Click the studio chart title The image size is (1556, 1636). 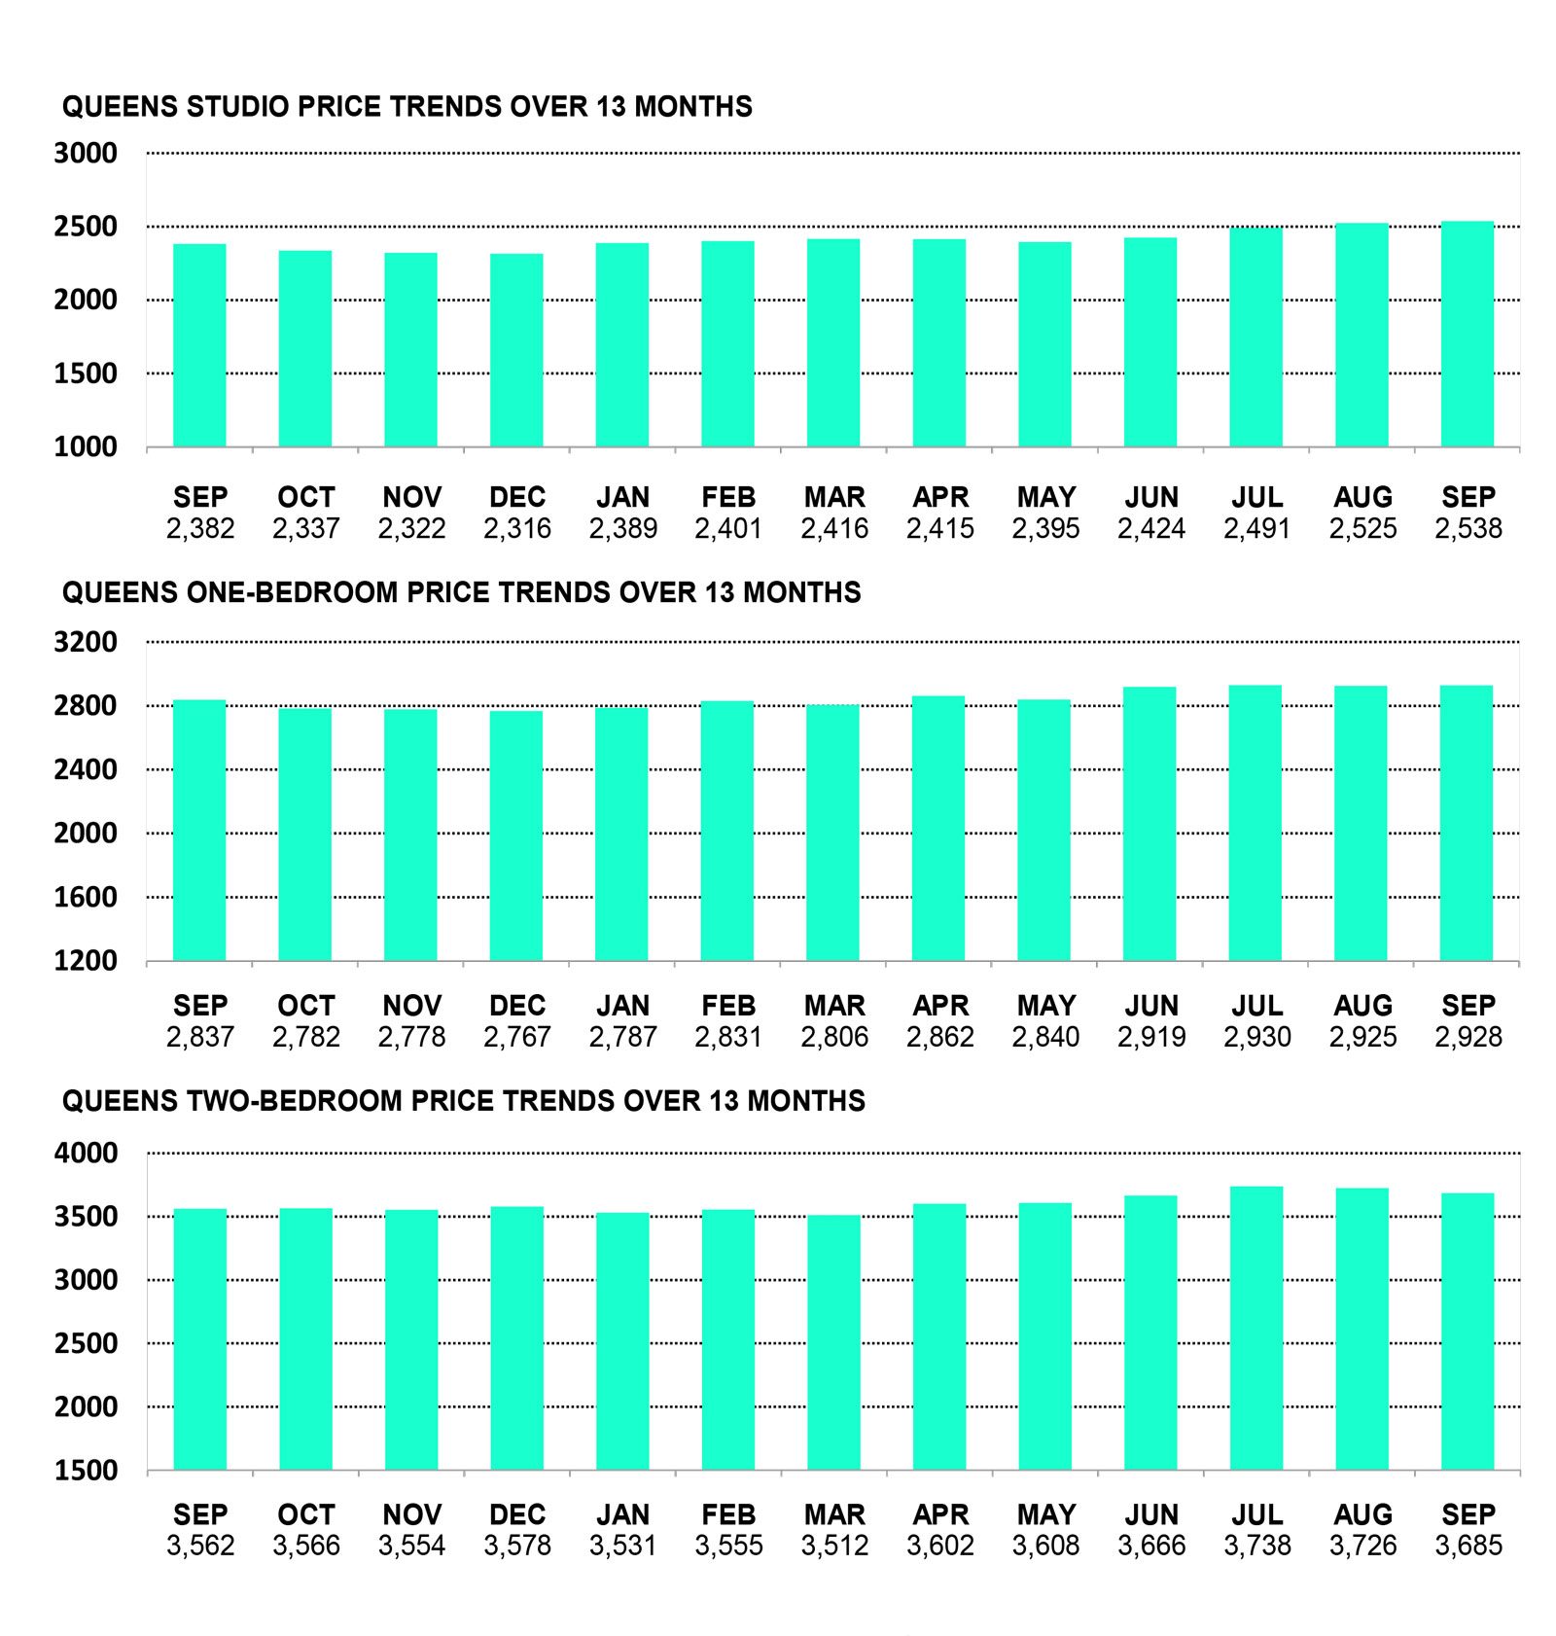tap(407, 106)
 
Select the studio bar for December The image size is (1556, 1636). tap(516, 350)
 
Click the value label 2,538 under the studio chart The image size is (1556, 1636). tap(1468, 528)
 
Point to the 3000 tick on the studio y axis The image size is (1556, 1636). tap(86, 154)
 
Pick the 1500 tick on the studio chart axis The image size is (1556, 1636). tap(86, 373)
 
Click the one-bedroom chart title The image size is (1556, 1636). tap(461, 592)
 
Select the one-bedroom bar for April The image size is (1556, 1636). tap(938, 829)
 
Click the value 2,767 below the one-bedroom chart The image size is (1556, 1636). tap(516, 1037)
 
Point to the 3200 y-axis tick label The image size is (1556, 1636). tap(86, 642)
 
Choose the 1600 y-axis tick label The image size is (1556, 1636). tap(86, 897)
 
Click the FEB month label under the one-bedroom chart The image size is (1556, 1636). tap(727, 1005)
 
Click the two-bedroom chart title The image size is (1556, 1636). tap(463, 1101)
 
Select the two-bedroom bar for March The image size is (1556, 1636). tap(833, 1342)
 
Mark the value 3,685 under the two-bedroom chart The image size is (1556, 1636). tap(1468, 1546)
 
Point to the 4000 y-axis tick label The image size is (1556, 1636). tap(86, 1154)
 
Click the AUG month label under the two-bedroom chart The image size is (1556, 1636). tap(1362, 1514)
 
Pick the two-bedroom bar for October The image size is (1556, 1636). tap(305, 1338)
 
